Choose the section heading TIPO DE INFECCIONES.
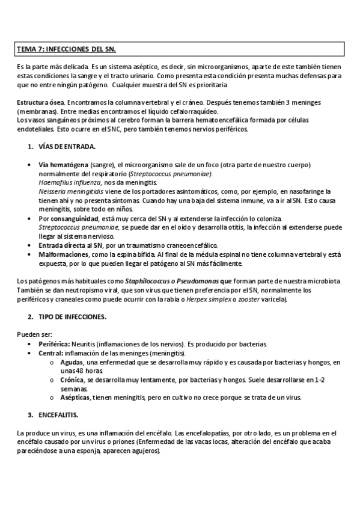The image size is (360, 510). [x=72, y=316]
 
